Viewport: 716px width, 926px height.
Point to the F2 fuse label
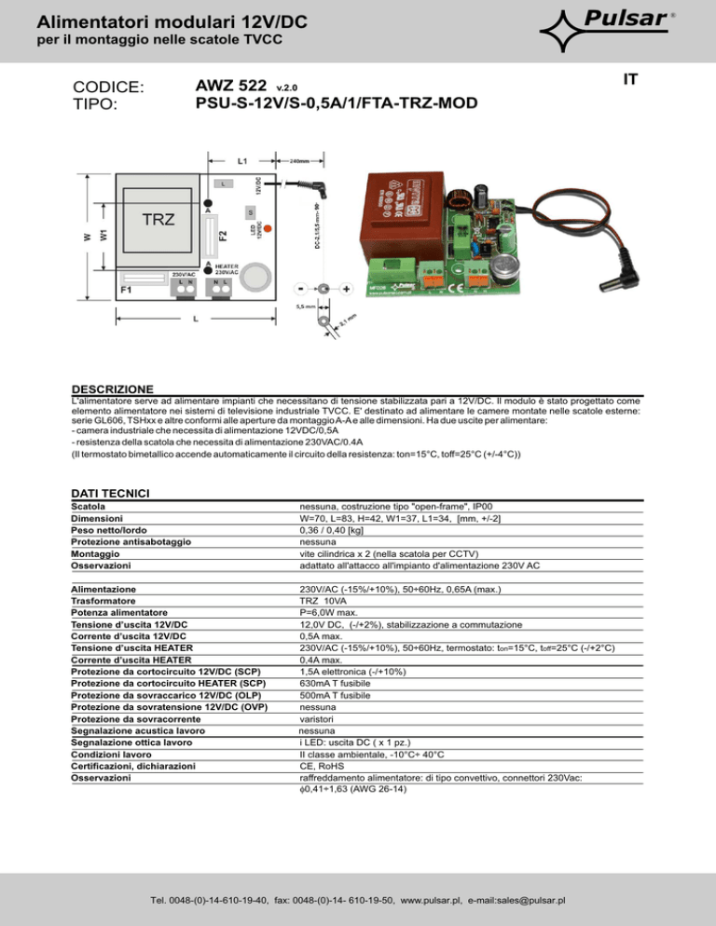tap(222, 237)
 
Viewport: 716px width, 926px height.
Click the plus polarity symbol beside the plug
tap(346, 288)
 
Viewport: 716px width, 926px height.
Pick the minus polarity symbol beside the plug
tap(299, 288)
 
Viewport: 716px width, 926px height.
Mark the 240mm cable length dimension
tap(297, 160)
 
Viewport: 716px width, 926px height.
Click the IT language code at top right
tap(631, 80)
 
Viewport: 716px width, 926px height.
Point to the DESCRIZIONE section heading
tap(113, 388)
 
